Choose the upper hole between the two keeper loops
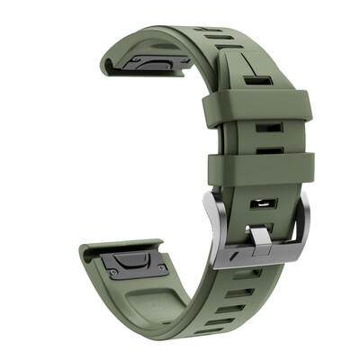[x=265, y=128]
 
